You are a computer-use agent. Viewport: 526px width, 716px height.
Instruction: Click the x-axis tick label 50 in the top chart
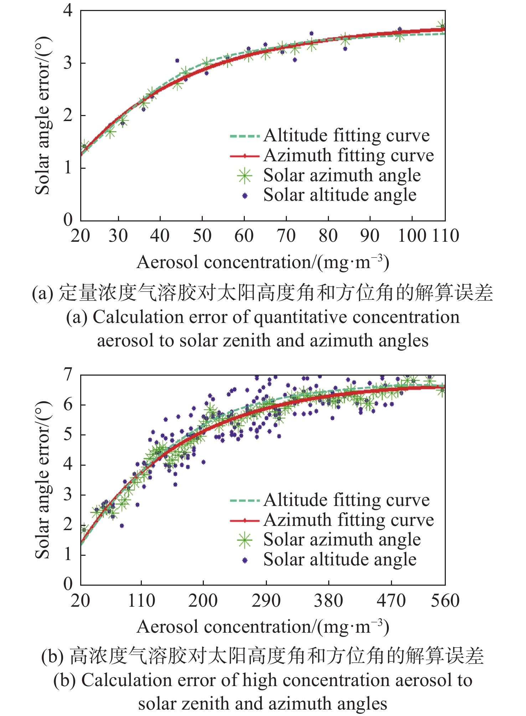(202, 236)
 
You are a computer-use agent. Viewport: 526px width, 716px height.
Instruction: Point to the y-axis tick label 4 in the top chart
(68, 10)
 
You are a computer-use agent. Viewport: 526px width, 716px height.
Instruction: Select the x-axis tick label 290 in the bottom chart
(266, 601)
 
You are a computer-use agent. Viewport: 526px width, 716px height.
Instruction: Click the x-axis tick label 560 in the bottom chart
(445, 601)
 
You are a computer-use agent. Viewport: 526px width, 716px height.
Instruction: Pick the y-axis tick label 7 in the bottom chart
(68, 375)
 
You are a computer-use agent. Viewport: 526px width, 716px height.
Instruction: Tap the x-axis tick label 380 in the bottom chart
(328, 601)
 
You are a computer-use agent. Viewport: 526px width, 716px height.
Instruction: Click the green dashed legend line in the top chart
(244, 136)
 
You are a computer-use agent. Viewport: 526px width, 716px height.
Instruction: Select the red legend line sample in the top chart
(244, 156)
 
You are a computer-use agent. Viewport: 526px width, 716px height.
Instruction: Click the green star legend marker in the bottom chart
(245, 540)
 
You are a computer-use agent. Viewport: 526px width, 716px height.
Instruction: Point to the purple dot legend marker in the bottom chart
(245, 560)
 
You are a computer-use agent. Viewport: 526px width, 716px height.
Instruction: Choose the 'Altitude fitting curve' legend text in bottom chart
(347, 500)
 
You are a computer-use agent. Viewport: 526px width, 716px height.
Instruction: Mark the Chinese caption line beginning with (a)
(263, 293)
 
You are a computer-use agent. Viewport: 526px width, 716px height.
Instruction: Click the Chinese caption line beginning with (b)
(263, 656)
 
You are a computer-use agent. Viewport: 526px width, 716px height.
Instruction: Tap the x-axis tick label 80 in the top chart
(328, 236)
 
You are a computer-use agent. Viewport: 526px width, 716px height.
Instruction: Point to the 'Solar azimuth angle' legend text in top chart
(342, 176)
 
